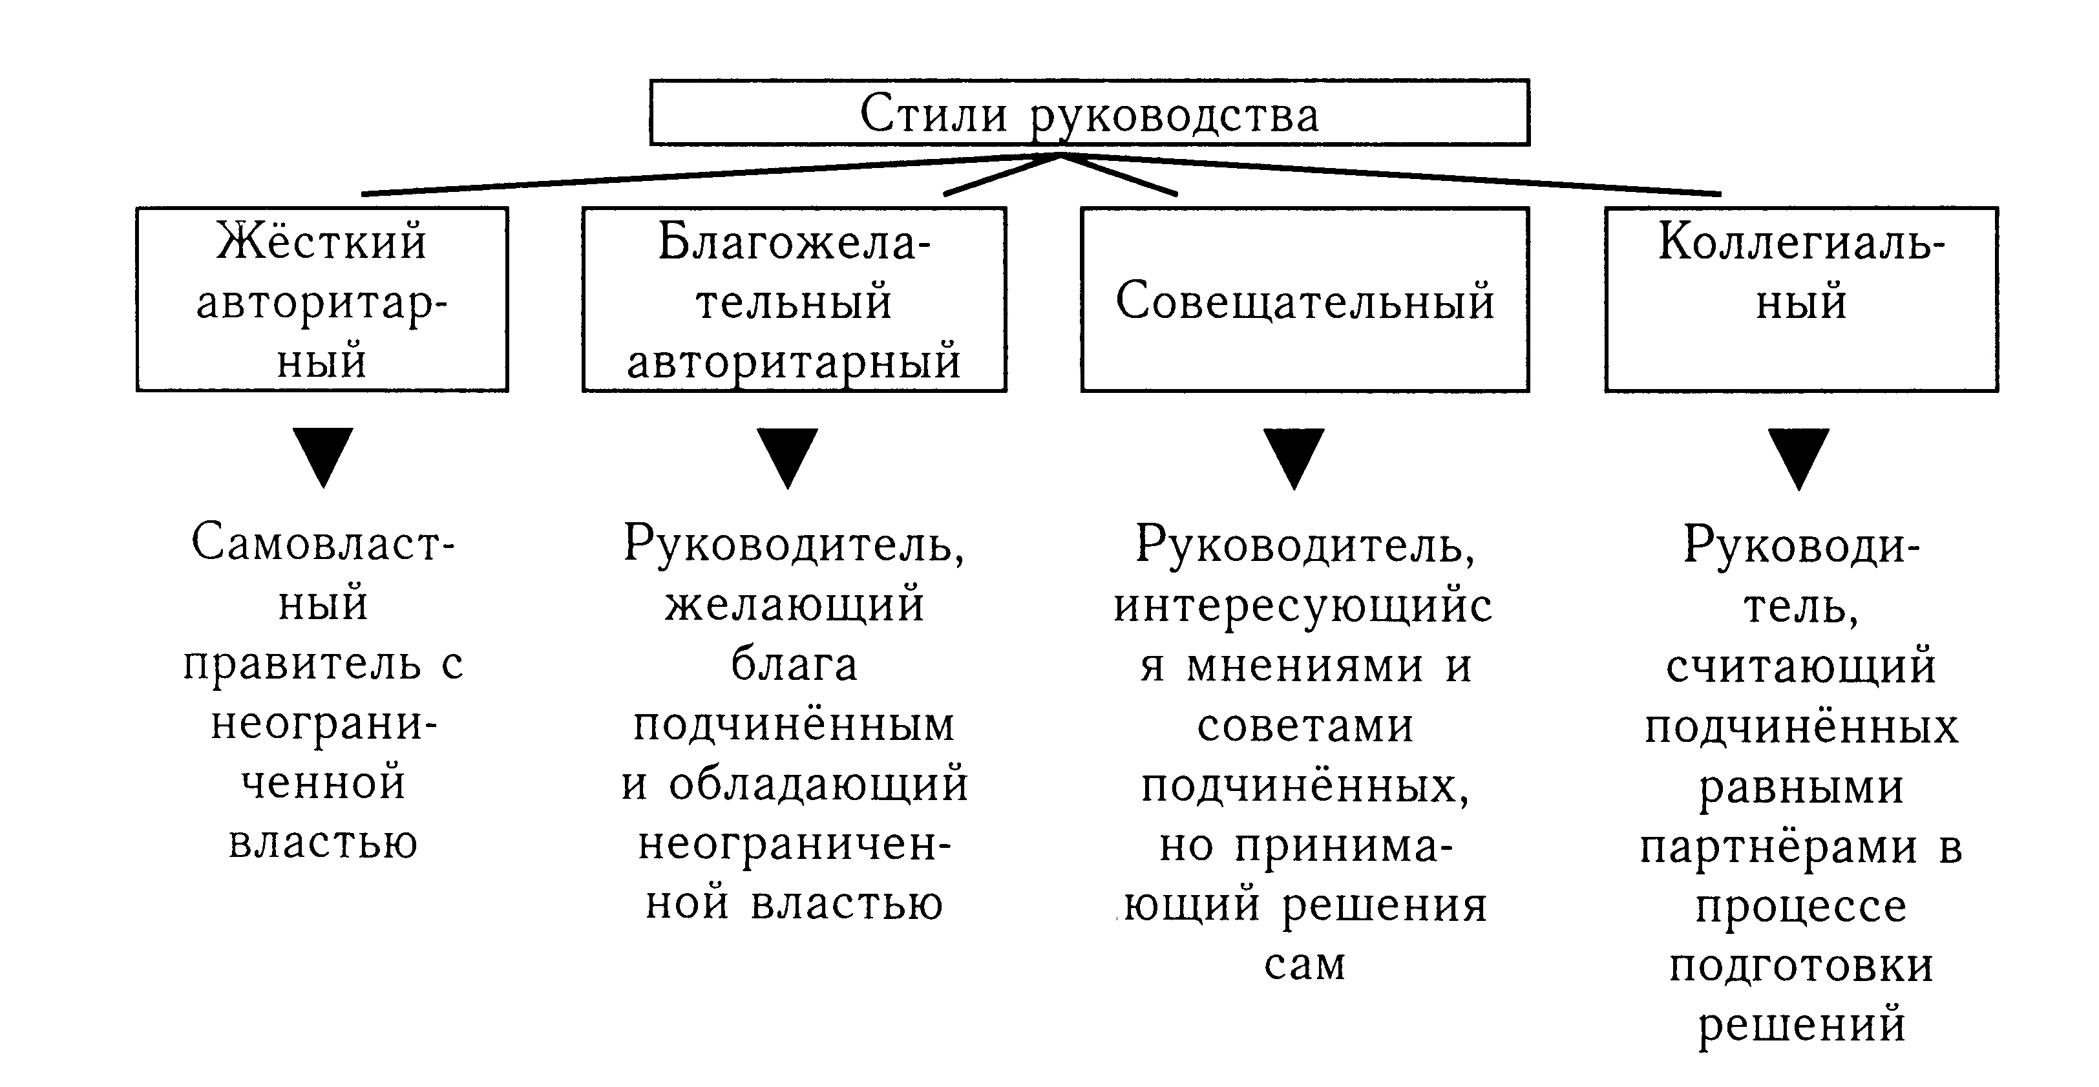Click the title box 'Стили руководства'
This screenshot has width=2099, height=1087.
(x=1089, y=112)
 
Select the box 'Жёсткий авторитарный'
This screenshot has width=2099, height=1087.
(x=322, y=300)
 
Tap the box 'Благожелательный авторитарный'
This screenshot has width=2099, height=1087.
(x=794, y=300)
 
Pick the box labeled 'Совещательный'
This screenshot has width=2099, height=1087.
(x=1305, y=300)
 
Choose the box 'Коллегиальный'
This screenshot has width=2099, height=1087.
(x=1801, y=300)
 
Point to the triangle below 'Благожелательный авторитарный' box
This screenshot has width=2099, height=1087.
(x=788, y=456)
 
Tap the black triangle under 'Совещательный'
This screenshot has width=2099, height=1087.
(x=1294, y=456)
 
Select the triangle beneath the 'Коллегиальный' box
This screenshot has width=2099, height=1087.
(x=1799, y=457)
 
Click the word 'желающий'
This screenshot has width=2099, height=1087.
(x=794, y=605)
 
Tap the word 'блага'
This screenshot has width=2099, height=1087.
(x=794, y=664)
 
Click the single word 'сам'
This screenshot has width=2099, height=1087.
(x=1305, y=965)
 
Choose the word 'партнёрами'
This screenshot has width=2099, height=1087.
(x=1778, y=847)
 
